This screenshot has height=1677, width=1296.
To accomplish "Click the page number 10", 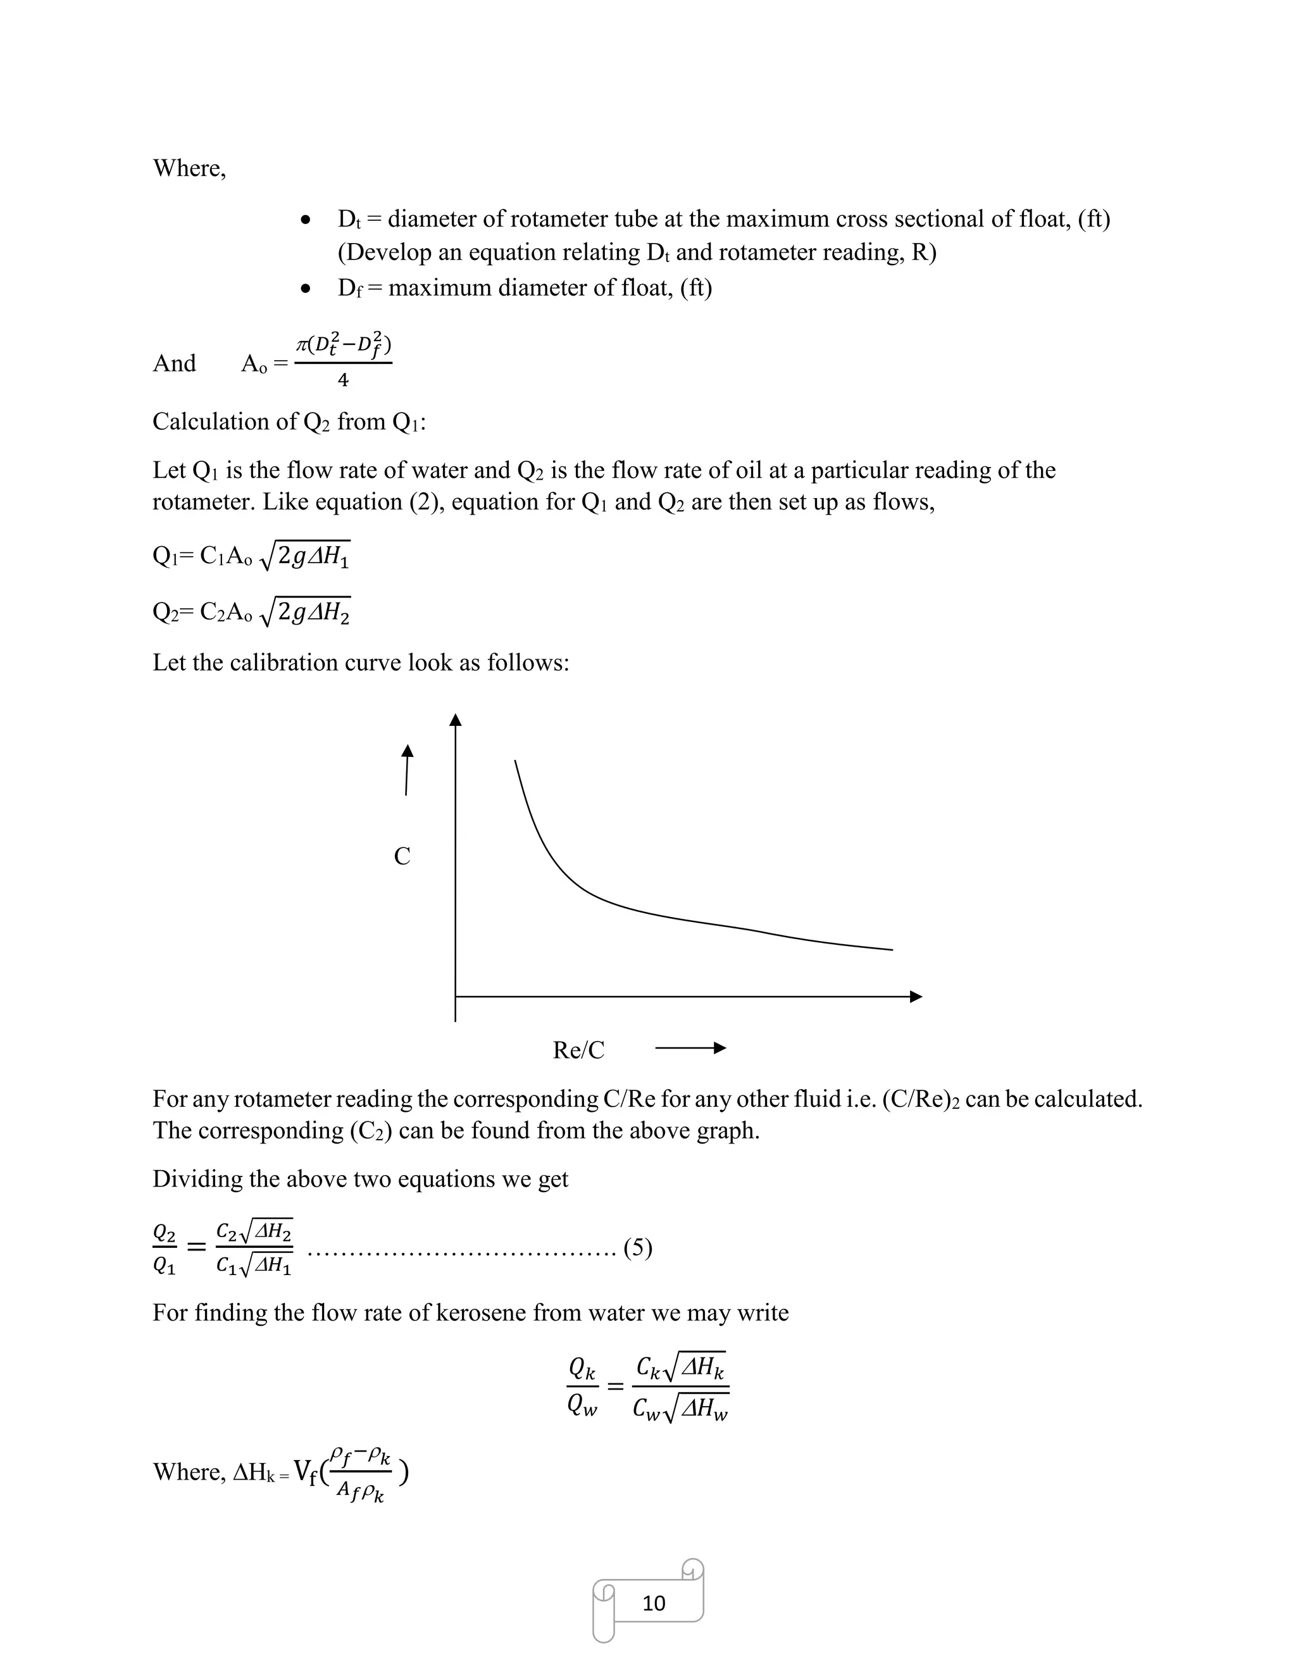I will pos(653,1604).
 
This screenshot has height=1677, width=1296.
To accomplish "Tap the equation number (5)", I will pos(638,1248).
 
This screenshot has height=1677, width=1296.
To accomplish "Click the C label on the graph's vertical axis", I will pos(402,856).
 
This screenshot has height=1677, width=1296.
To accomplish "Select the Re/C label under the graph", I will pos(578,1050).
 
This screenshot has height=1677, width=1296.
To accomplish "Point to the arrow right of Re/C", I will pos(690,1048).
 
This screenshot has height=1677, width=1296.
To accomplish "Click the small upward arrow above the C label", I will pos(407,770).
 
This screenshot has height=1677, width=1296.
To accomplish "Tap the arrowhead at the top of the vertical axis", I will pos(455,720).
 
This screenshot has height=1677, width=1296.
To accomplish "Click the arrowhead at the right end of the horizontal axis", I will pos(915,997).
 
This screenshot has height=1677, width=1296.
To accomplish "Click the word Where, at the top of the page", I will pos(189,168).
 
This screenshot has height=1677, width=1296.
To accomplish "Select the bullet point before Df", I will pos(306,289).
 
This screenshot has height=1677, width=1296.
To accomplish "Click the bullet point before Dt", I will pos(306,221).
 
